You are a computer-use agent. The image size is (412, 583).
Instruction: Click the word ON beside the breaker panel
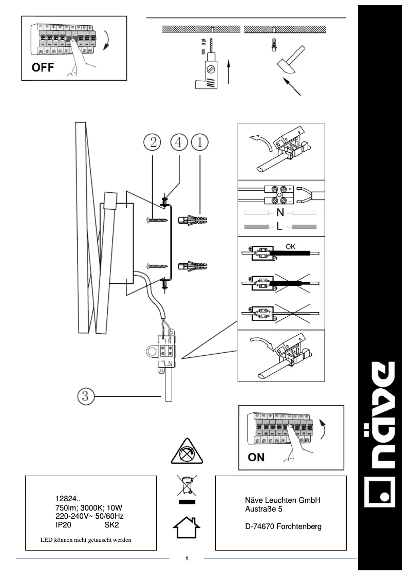click(256, 457)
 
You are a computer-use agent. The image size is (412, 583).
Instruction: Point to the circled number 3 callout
click(85, 396)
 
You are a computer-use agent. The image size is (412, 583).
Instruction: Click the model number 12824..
click(68, 498)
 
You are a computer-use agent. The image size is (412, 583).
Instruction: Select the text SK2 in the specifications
click(111, 525)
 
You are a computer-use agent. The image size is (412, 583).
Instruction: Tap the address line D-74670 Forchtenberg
click(284, 527)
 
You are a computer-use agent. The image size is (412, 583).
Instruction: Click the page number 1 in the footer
click(187, 558)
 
